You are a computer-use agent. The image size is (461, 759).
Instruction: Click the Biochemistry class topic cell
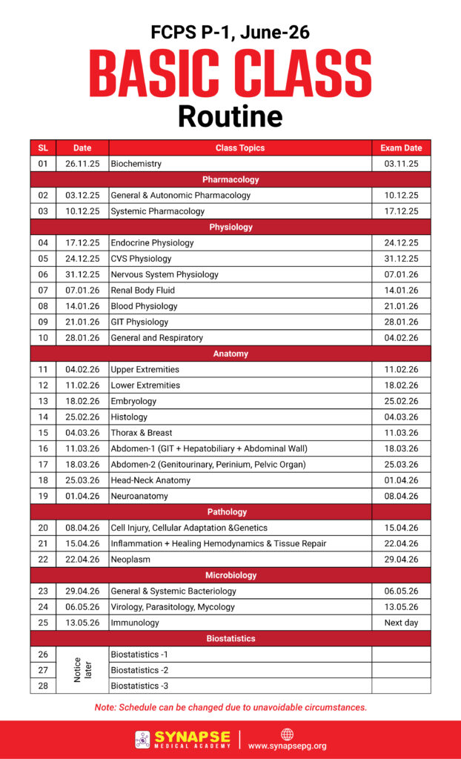pyautogui.click(x=136, y=164)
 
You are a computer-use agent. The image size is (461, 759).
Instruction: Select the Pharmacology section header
pyautogui.click(x=230, y=179)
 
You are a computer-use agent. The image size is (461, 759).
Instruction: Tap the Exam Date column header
pyautogui.click(x=401, y=148)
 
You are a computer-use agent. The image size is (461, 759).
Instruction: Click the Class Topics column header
pyautogui.click(x=240, y=148)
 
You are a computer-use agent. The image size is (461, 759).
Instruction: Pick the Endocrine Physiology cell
pyautogui.click(x=152, y=242)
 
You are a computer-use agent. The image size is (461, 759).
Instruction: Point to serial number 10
pyautogui.click(x=43, y=338)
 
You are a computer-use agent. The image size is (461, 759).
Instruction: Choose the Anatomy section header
pyautogui.click(x=230, y=354)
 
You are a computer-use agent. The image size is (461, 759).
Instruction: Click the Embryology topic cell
pyautogui.click(x=133, y=401)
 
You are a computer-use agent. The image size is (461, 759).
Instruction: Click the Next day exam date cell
pyautogui.click(x=401, y=623)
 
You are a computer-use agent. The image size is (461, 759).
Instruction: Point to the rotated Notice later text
pyautogui.click(x=82, y=670)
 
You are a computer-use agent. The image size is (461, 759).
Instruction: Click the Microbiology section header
pyautogui.click(x=230, y=575)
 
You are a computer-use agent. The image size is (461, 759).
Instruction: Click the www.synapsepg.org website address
pyautogui.click(x=287, y=746)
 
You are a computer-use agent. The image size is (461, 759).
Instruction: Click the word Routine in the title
pyautogui.click(x=230, y=116)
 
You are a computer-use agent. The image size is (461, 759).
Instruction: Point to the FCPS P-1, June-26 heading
pyautogui.click(x=230, y=32)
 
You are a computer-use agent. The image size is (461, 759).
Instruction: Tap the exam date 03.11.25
pyautogui.click(x=401, y=164)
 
